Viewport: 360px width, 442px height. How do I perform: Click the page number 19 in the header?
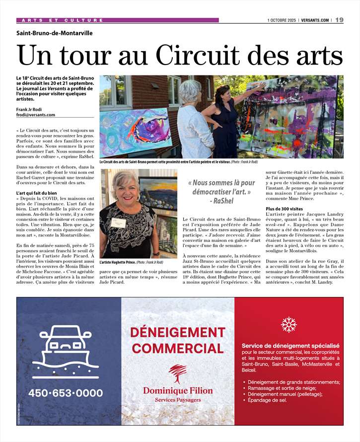coord(340,20)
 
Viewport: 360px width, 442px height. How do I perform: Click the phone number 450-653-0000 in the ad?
coord(66,393)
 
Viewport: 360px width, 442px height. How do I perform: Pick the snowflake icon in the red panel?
coord(288,324)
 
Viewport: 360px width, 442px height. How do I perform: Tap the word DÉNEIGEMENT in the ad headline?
coord(177,332)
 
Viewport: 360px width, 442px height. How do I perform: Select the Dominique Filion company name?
coord(178,390)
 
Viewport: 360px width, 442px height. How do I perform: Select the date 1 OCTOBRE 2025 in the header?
coord(283,20)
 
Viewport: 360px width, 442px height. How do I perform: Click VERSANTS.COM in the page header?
coord(315,20)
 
